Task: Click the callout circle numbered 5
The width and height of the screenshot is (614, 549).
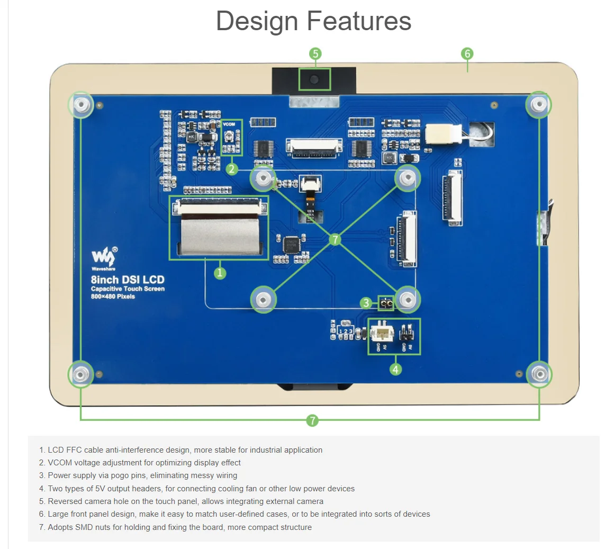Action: (315, 53)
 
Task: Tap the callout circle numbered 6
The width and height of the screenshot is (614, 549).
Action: (467, 53)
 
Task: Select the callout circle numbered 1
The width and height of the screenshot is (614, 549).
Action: (220, 273)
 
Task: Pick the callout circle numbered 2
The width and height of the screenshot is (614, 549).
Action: (232, 169)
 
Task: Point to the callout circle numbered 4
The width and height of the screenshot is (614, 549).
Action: (396, 369)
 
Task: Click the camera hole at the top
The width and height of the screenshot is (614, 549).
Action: (314, 80)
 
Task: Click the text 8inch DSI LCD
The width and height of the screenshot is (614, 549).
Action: (128, 280)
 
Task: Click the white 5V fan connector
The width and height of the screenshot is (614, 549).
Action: (382, 334)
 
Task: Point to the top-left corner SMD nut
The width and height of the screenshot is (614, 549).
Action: (81, 104)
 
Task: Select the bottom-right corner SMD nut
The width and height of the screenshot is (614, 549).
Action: (538, 374)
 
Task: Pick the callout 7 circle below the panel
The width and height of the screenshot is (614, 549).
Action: (312, 420)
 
